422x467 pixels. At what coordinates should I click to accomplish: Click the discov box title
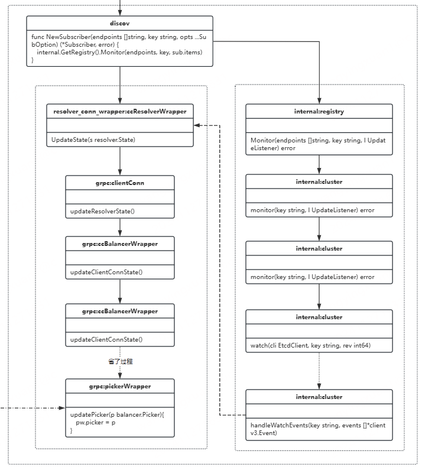tap(120, 23)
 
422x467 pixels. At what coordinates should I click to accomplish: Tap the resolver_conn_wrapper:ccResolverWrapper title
tap(120, 111)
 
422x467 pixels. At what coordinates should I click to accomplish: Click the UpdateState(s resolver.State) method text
tap(93, 140)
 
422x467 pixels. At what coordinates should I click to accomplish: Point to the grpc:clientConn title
tap(120, 183)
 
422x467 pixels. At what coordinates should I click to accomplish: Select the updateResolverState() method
tap(102, 211)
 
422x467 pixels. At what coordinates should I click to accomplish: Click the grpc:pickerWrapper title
tap(120, 386)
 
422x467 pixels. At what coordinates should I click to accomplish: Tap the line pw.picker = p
tap(95, 422)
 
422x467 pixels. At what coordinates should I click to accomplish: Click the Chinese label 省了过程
tap(120, 362)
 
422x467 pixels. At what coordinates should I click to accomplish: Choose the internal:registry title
tap(319, 111)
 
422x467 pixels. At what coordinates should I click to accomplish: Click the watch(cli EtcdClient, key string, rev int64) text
tap(311, 345)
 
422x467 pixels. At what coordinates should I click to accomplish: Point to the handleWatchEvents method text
tap(318, 429)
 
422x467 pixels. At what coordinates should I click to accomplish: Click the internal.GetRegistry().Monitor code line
tap(119, 53)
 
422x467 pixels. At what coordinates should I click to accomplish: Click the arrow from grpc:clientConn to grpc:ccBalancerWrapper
tap(120, 227)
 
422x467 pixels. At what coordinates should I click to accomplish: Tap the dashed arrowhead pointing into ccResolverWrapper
tap(197, 125)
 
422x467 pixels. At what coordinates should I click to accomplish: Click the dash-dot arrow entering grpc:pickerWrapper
tap(32, 408)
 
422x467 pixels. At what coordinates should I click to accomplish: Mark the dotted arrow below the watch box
tap(319, 371)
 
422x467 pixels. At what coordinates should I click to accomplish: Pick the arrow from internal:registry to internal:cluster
tap(319, 164)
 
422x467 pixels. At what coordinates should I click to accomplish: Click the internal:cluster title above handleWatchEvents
tap(319, 397)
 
